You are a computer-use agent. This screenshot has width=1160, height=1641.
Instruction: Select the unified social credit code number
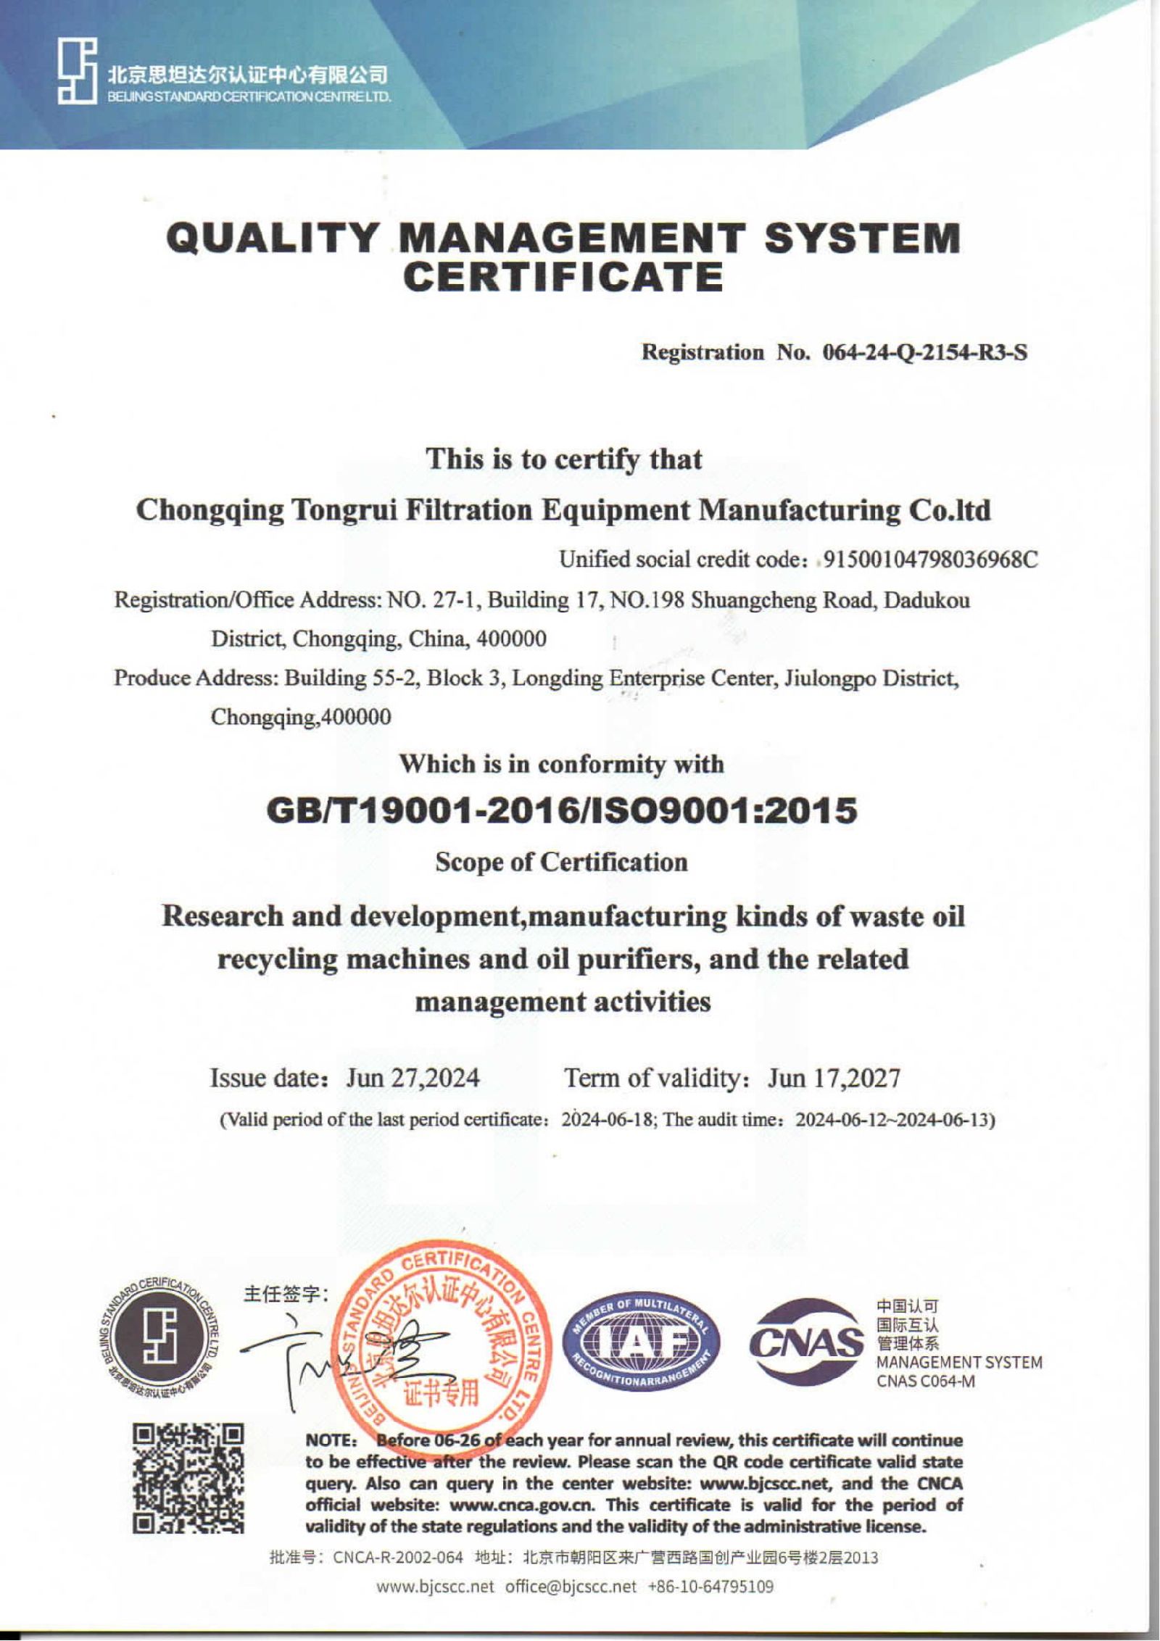coord(932,560)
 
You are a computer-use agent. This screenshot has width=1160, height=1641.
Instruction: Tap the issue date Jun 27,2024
coord(413,1079)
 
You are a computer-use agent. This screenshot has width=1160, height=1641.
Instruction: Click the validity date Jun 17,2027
coord(834,1079)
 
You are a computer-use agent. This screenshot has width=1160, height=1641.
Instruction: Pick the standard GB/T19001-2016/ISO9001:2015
coord(562,812)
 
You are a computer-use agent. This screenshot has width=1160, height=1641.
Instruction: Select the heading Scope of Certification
coord(562,863)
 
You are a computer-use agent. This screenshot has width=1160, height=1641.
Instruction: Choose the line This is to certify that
coord(563,460)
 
